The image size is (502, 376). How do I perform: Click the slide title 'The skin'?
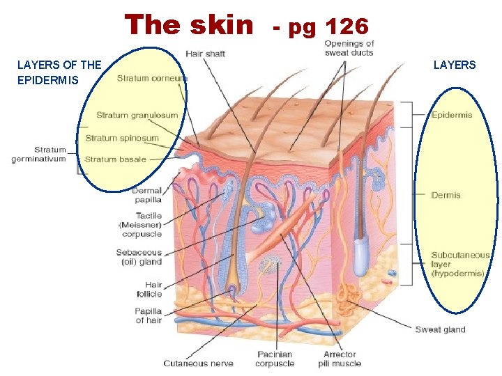click(189, 25)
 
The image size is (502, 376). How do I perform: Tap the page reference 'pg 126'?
click(328, 27)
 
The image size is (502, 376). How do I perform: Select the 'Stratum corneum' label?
click(151, 79)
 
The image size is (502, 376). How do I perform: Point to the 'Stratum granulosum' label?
click(137, 115)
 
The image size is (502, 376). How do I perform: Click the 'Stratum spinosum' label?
click(122, 138)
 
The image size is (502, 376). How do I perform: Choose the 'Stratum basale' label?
click(115, 159)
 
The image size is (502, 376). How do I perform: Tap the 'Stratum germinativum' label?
click(39, 155)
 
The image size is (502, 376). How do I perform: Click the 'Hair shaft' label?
click(205, 54)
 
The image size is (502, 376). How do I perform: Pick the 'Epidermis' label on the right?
click(452, 115)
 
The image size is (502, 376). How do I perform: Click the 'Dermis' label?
click(446, 195)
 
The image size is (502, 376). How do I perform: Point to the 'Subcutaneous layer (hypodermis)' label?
click(460, 265)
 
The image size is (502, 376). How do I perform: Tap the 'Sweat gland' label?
click(440, 329)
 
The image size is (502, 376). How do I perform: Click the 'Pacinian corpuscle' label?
click(275, 359)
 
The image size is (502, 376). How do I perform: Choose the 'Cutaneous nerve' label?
click(198, 363)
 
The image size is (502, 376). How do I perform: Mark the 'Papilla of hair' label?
click(149, 315)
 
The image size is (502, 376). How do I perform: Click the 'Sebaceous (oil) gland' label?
click(139, 257)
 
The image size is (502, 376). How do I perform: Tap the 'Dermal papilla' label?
click(147, 195)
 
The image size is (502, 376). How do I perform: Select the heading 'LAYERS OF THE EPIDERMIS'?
click(59, 72)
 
